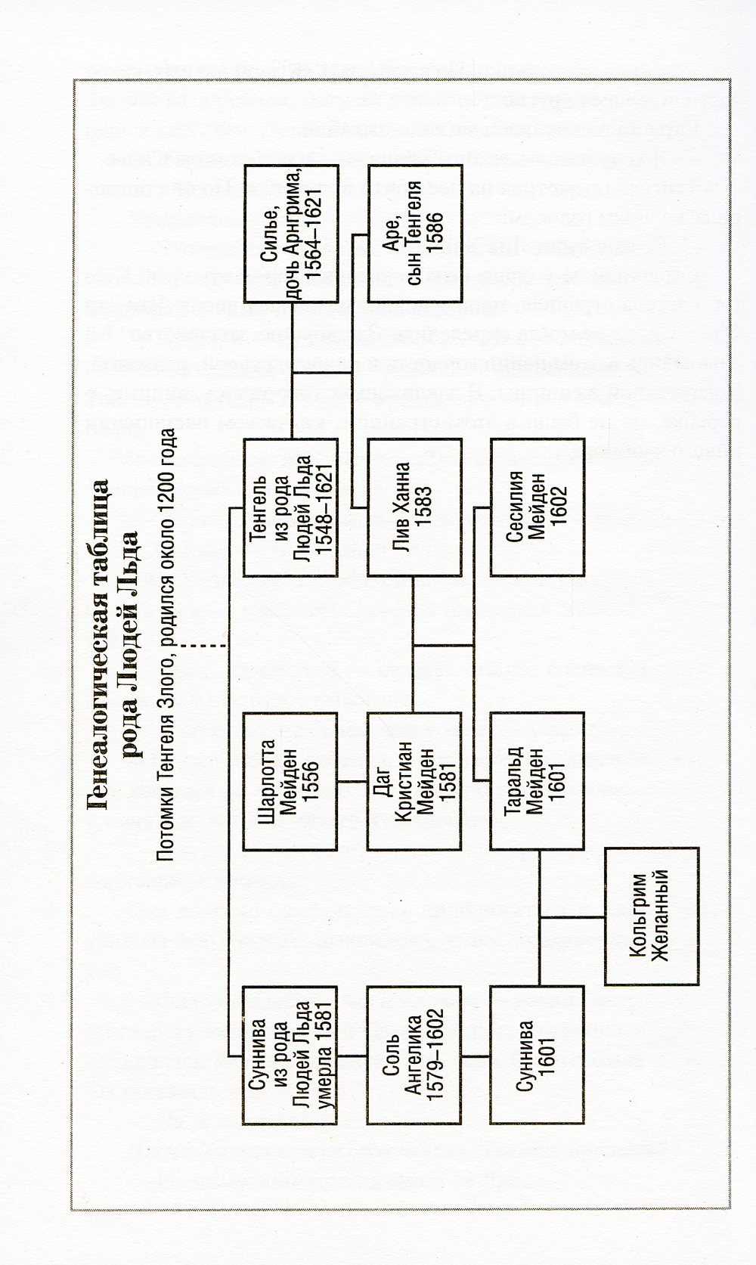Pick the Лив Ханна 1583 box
[x=413, y=506]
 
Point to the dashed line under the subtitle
[x=203, y=646]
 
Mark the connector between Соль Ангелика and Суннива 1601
[x=475, y=1054]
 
